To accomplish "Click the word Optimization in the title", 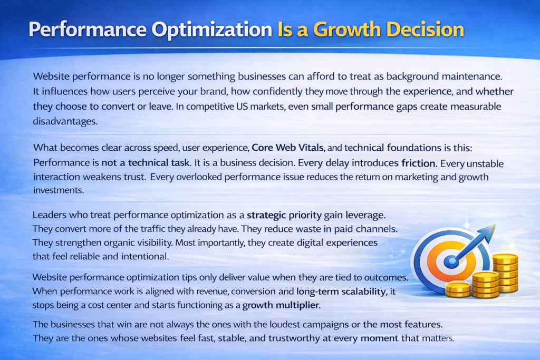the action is [x=212, y=30].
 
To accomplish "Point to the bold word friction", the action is [x=418, y=163].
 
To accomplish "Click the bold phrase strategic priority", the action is [x=284, y=215].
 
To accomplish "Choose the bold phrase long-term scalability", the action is [x=341, y=291].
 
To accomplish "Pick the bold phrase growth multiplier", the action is [x=281, y=305].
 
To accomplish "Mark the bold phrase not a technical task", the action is [x=146, y=162].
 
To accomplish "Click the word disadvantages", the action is [x=65, y=121].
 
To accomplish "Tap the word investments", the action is [x=59, y=190].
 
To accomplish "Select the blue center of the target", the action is [x=451, y=262].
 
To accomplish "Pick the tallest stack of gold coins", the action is [x=505, y=273].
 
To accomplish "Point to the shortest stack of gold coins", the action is [x=458, y=289].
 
